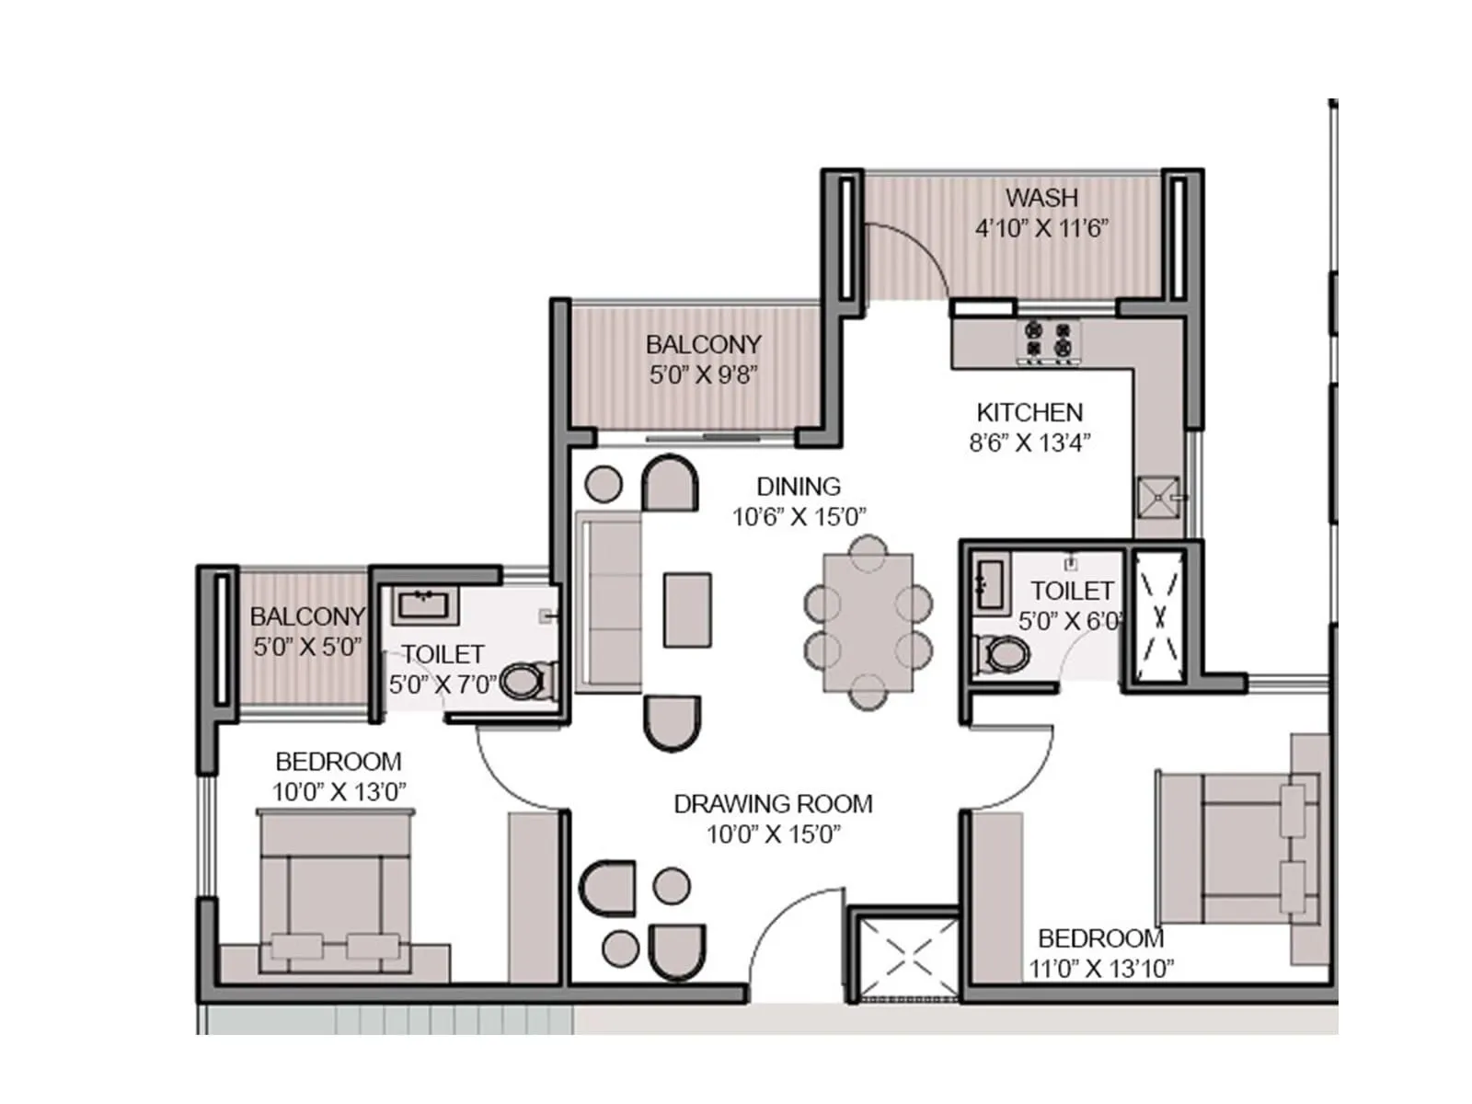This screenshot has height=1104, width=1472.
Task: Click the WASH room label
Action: point(1041,198)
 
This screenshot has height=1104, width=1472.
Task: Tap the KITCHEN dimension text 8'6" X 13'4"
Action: point(1029,443)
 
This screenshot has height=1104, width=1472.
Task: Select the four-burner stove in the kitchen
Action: point(1049,339)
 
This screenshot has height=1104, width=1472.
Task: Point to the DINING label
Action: point(799,486)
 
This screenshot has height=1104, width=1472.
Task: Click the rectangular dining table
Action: point(868,622)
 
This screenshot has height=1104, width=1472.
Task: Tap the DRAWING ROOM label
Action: point(773,803)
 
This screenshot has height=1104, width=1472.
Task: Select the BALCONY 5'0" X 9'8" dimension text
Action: point(704,374)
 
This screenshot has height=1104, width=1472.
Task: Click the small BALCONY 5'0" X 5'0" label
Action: point(307,616)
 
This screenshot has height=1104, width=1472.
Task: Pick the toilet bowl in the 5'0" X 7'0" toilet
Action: point(526,682)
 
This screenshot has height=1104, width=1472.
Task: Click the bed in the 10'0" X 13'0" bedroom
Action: point(335,888)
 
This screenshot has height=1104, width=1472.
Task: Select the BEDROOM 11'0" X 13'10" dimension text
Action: point(1101,968)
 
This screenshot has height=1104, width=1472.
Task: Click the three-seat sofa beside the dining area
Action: point(608,603)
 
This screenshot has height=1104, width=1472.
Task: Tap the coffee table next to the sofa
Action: point(687,609)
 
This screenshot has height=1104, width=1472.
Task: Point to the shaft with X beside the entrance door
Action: point(908,957)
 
